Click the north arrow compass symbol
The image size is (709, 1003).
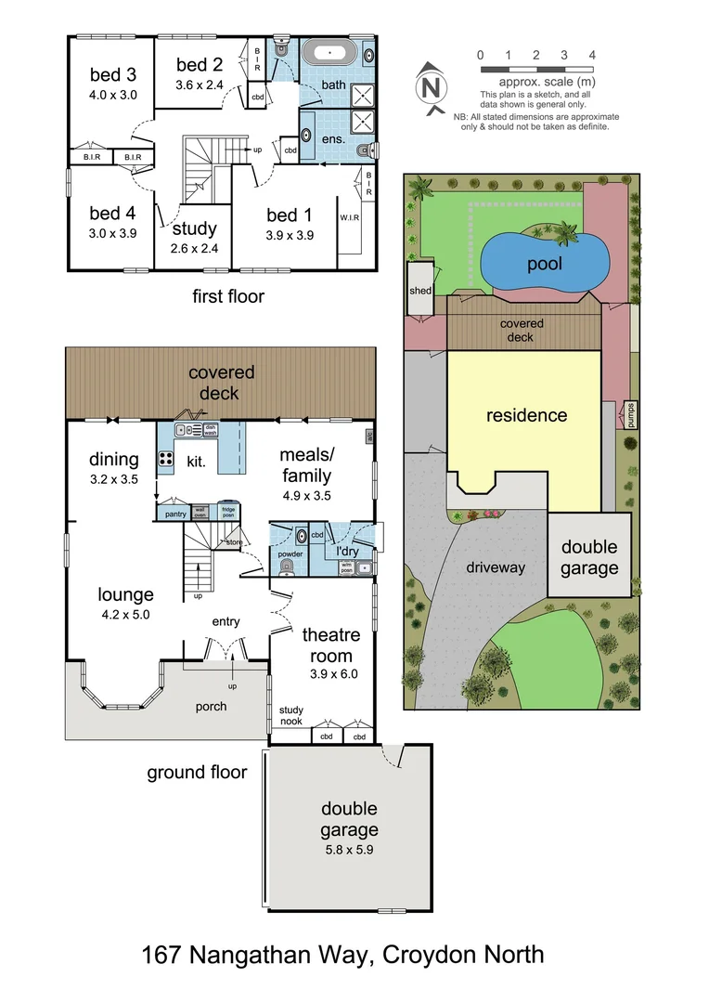tap(429, 88)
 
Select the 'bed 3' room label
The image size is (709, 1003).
tap(113, 75)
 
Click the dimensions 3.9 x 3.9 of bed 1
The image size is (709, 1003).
tap(290, 235)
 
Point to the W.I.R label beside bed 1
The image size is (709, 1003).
tap(349, 218)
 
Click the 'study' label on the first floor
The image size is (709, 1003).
tap(195, 228)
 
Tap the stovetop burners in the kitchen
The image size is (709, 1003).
tap(168, 458)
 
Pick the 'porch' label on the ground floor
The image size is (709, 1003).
tap(211, 706)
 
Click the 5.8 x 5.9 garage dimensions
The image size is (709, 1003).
tap(349, 849)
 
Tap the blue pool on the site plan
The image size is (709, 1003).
tap(546, 263)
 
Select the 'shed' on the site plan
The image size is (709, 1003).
tap(420, 290)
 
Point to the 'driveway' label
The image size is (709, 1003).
tap(495, 567)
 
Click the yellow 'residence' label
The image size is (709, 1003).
tap(525, 415)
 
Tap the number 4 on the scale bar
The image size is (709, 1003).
tap(592, 55)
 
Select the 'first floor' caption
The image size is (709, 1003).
tap(228, 296)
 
